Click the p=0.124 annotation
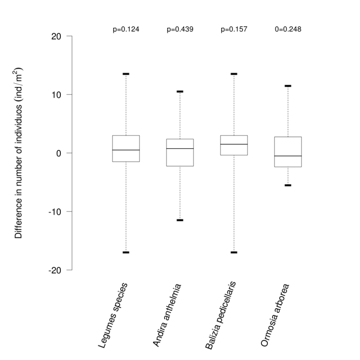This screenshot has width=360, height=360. (126, 29)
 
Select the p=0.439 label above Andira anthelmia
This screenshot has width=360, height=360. (180, 29)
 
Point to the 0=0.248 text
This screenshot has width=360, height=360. (288, 29)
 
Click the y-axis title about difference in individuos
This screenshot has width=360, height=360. (19, 153)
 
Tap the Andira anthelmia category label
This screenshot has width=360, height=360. (166, 315)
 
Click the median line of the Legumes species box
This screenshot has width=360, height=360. (126, 150)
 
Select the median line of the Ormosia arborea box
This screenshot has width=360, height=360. (288, 156)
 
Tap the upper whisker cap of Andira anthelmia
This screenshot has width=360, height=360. (180, 91)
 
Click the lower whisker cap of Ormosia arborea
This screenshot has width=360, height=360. (288, 185)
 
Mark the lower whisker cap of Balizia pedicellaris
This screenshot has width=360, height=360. (234, 252)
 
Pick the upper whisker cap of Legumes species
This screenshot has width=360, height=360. (126, 74)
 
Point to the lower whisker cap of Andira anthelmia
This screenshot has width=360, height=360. (180, 220)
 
